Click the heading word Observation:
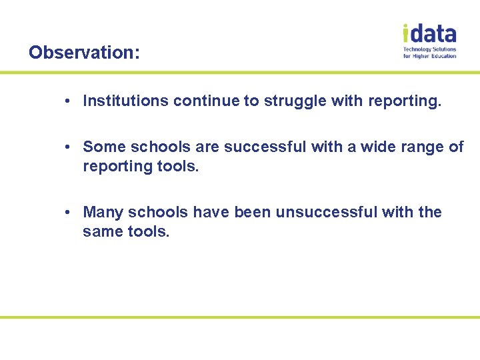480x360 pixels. click(84, 52)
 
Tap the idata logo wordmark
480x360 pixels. click(429, 33)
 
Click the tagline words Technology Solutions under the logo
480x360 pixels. click(430, 49)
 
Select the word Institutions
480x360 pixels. click(125, 101)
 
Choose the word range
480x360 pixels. click(421, 147)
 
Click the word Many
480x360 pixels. click(103, 213)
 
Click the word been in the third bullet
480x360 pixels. click(253, 213)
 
